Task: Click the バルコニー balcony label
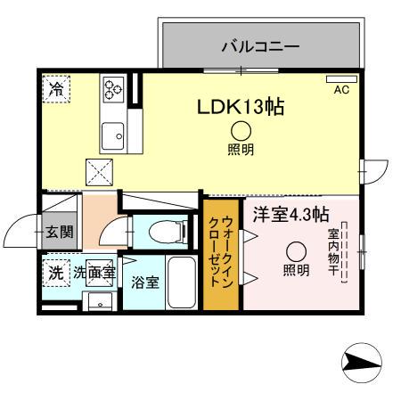pos(259,45)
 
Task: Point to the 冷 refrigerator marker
pos(58,89)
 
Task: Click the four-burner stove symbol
pos(115,88)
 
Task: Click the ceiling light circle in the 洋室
pos(296,250)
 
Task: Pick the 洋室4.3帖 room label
pos(291,215)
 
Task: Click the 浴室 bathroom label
pos(145,283)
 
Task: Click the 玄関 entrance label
pos(60,233)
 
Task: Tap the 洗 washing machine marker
pos(55,274)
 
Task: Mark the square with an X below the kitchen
pos(98,169)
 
